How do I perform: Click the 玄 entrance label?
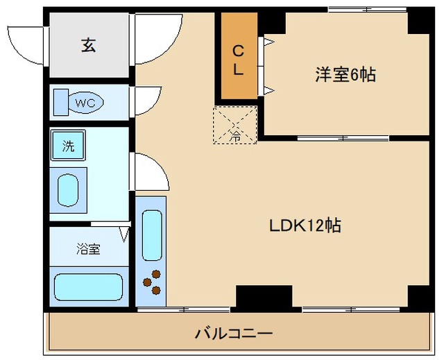pyautogui.click(x=88, y=45)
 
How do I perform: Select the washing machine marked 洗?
pyautogui.click(x=68, y=146)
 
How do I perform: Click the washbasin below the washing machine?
pyautogui.click(x=68, y=190)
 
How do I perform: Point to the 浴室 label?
pyautogui.click(x=88, y=249)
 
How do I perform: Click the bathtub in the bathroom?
pyautogui.click(x=88, y=286)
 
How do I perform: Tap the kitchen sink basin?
pyautogui.click(x=152, y=235)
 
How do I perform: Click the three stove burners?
pyautogui.click(x=152, y=282)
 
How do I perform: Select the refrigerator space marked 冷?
pyautogui.click(x=235, y=125)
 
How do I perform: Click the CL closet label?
pyautogui.click(x=238, y=60)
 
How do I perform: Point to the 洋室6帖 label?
pyautogui.click(x=345, y=74)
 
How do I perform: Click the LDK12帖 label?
pyautogui.click(x=305, y=225)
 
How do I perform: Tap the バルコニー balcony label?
pyautogui.click(x=234, y=333)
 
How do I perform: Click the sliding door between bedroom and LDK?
pyautogui.click(x=343, y=139)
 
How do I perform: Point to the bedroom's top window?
pyautogui.click(x=367, y=10)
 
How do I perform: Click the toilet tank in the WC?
pyautogui.click(x=61, y=103)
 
